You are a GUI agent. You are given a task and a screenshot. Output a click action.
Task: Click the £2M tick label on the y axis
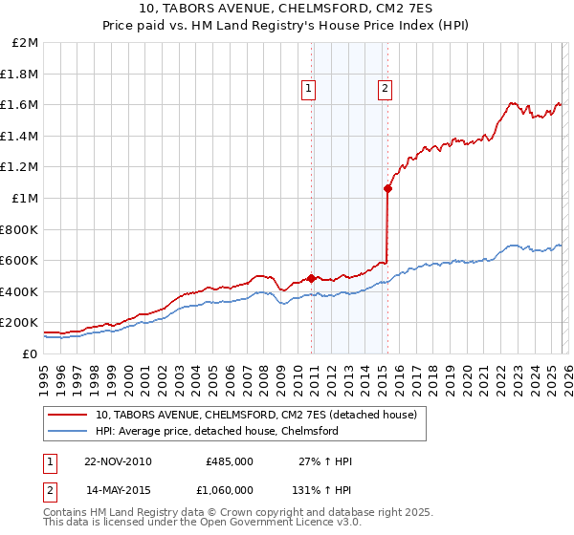pyautogui.click(x=26, y=43)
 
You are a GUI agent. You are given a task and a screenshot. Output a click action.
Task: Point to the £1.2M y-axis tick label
pyautogui.click(x=20, y=167)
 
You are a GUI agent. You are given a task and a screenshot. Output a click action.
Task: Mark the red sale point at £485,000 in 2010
pyautogui.click(x=312, y=278)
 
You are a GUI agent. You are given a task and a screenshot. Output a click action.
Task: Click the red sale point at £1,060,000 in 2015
pyautogui.click(x=387, y=189)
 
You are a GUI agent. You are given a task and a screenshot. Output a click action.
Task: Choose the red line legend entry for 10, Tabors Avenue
pyautogui.click(x=255, y=416)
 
